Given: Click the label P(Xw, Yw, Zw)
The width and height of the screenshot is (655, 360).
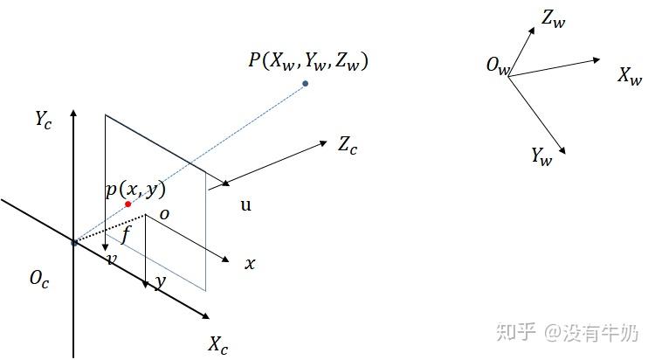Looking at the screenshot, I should pyautogui.click(x=308, y=60).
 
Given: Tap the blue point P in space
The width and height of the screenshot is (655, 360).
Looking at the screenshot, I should pyautogui.click(x=305, y=84).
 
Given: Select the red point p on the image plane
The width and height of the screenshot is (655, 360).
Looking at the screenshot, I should pyautogui.click(x=128, y=204).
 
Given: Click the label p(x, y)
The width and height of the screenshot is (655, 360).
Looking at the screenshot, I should pyautogui.click(x=135, y=190).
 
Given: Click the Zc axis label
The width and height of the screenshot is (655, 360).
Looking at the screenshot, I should pyautogui.click(x=348, y=145).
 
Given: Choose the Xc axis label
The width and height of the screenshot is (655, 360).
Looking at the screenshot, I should pyautogui.click(x=218, y=344).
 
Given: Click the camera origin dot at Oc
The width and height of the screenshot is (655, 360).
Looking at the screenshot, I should pyautogui.click(x=74, y=242).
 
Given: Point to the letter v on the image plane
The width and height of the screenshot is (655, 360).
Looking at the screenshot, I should pyautogui.click(x=112, y=260).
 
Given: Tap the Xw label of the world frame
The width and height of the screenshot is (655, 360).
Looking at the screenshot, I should pyautogui.click(x=630, y=76).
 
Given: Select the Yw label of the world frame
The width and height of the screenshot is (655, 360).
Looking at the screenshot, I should pyautogui.click(x=542, y=156).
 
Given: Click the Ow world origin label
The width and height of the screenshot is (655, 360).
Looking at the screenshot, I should pyautogui.click(x=497, y=66).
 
